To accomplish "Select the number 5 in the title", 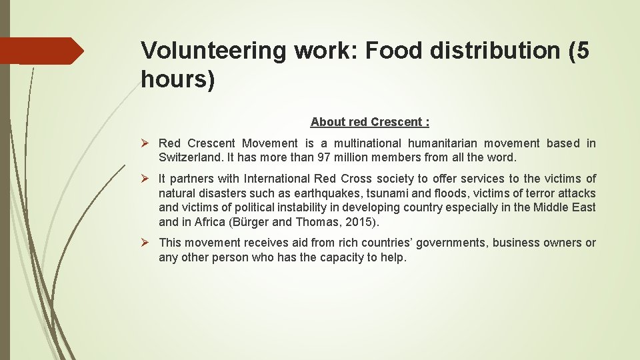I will click(x=582, y=51).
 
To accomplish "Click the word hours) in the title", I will click(x=177, y=79).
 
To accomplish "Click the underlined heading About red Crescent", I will click(x=370, y=122).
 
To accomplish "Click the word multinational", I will click(x=360, y=143).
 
